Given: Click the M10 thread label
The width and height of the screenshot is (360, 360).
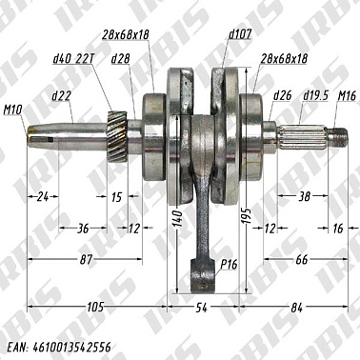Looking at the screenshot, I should pos(12,111).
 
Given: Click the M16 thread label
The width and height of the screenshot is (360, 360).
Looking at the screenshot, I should pos(347,96).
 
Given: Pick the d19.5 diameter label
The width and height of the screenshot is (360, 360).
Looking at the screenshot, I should pos(315,96).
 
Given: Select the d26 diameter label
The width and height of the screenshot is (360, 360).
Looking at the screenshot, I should pos(282,96).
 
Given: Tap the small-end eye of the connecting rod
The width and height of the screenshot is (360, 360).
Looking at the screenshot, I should pos(202,280).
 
